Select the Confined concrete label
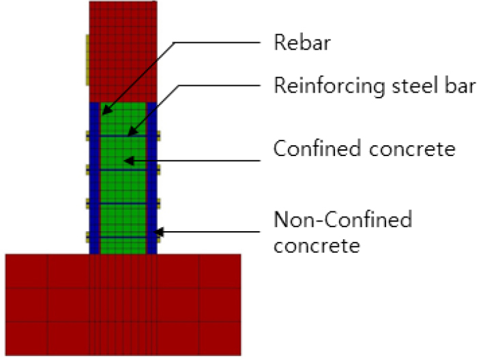(x=364, y=148)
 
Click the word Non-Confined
(x=342, y=220)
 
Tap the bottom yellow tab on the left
(x=87, y=237)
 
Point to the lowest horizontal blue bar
(x=123, y=237)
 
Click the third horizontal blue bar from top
(x=123, y=203)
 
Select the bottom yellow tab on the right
(x=159, y=237)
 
